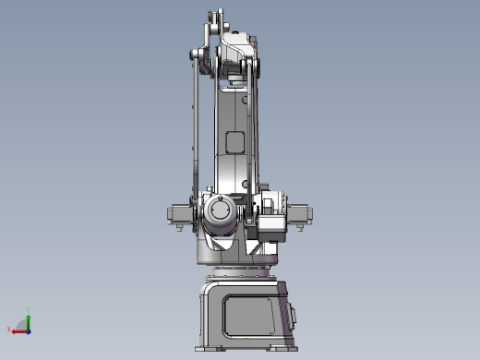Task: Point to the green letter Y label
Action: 29,311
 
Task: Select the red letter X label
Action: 9,330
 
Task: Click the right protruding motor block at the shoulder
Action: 301,214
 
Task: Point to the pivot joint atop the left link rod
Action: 197,55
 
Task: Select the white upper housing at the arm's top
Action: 237,46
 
